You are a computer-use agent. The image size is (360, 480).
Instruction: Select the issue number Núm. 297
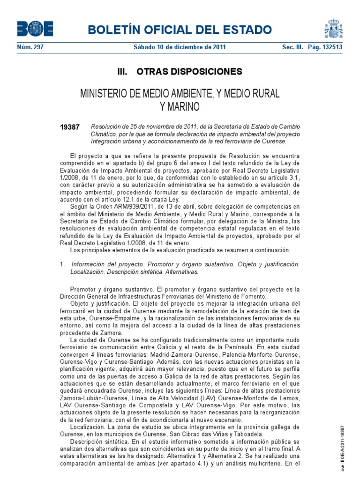click(x=30, y=47)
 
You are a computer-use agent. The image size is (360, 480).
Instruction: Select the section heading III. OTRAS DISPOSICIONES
click(x=180, y=72)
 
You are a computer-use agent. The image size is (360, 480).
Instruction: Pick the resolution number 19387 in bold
click(x=70, y=127)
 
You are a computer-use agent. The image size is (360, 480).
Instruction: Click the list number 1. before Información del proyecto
click(x=62, y=264)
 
